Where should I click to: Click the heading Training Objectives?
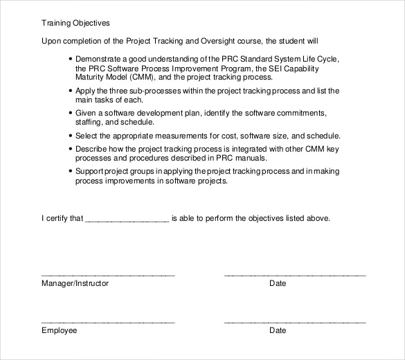pyautogui.click(x=71, y=21)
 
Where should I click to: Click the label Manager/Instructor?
pyautogui.click(x=75, y=283)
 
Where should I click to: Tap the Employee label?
pyautogui.click(x=60, y=330)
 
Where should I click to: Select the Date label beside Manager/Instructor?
pyautogui.click(x=277, y=283)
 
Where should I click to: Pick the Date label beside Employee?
pyautogui.click(x=277, y=330)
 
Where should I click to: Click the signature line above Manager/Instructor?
pyautogui.click(x=108, y=275)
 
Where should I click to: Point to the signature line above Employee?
pyautogui.click(x=108, y=322)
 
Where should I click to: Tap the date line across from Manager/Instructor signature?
pyautogui.click(x=294, y=275)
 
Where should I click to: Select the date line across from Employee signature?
pyautogui.click(x=294, y=322)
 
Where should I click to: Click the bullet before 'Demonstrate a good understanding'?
pyautogui.click(x=72, y=59)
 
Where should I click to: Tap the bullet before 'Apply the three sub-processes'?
pyautogui.click(x=72, y=91)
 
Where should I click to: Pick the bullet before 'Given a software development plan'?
pyautogui.click(x=72, y=112)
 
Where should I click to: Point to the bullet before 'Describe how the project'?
pyautogui.click(x=72, y=148)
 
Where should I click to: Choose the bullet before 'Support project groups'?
pyautogui.click(x=72, y=170)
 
